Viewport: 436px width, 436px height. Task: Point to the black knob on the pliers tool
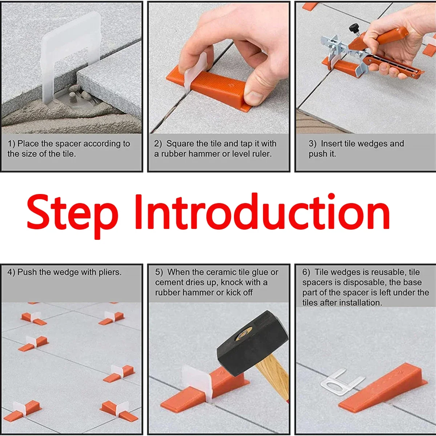click(x=353, y=27)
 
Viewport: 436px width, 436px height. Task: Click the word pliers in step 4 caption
click(x=109, y=272)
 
